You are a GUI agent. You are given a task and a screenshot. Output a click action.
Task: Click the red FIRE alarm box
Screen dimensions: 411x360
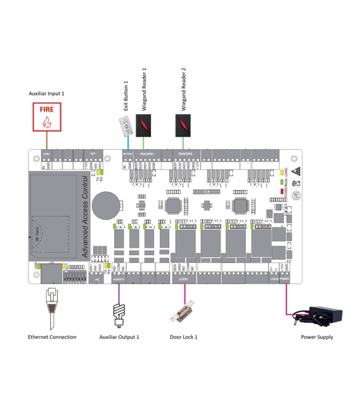48,117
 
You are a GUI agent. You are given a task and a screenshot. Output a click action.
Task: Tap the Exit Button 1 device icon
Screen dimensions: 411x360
127,127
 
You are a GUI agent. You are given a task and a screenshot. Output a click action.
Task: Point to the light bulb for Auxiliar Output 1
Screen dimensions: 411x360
117,312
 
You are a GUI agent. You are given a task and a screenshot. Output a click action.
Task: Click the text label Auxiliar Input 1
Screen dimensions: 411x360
47,93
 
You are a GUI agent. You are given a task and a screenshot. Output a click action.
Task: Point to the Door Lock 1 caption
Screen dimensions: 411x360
183,337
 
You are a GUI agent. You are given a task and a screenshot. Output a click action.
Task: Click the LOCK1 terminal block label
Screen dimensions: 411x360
184,278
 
